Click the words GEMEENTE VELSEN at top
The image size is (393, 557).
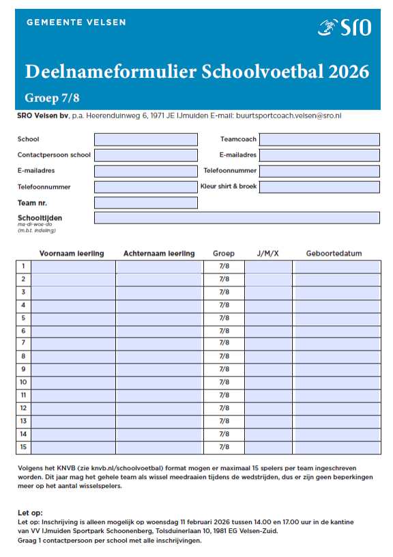tap(76, 22)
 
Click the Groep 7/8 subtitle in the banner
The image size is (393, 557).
tap(52, 96)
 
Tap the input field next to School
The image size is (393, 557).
tap(145, 139)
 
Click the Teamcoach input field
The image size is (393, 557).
tap(319, 139)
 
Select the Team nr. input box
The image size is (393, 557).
tap(145, 203)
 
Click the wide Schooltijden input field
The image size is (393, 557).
tap(236, 218)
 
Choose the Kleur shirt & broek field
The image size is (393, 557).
tap(319, 187)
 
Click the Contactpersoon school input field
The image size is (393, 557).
tap(145, 155)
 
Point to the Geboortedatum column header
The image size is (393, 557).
tap(334, 254)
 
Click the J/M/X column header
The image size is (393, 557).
tap(267, 254)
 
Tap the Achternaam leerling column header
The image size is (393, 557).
tap(159, 254)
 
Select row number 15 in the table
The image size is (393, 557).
tap(23, 447)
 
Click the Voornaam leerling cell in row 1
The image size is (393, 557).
tap(73, 267)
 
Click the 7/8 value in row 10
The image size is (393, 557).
tap(224, 382)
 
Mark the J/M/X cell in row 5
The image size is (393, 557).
tap(267, 318)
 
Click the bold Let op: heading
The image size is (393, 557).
tap(29, 512)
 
